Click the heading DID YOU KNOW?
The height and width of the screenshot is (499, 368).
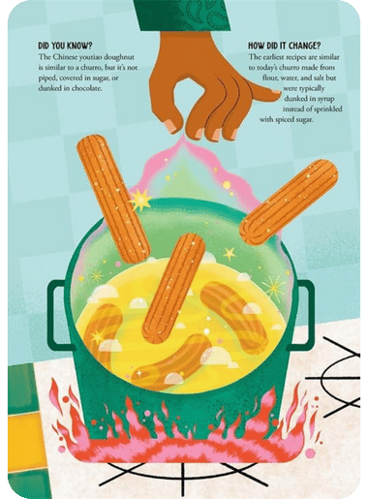[x=63, y=46]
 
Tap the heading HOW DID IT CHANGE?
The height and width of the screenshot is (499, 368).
[x=285, y=46]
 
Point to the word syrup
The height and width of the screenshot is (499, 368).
[x=326, y=99]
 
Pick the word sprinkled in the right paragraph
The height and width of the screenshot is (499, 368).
[x=327, y=109]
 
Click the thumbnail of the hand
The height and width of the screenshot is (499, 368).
[x=276, y=91]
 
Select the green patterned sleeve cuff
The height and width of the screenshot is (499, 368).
[x=181, y=16]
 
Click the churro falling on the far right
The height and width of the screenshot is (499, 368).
[x=289, y=202]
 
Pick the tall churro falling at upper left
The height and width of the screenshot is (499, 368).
[x=113, y=199]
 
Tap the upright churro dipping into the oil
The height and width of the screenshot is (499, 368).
[x=173, y=289]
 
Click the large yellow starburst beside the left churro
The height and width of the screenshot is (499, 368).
[x=139, y=201]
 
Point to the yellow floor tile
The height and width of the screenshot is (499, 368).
[x=23, y=442]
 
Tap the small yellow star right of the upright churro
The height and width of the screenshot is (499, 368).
[x=230, y=253]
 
